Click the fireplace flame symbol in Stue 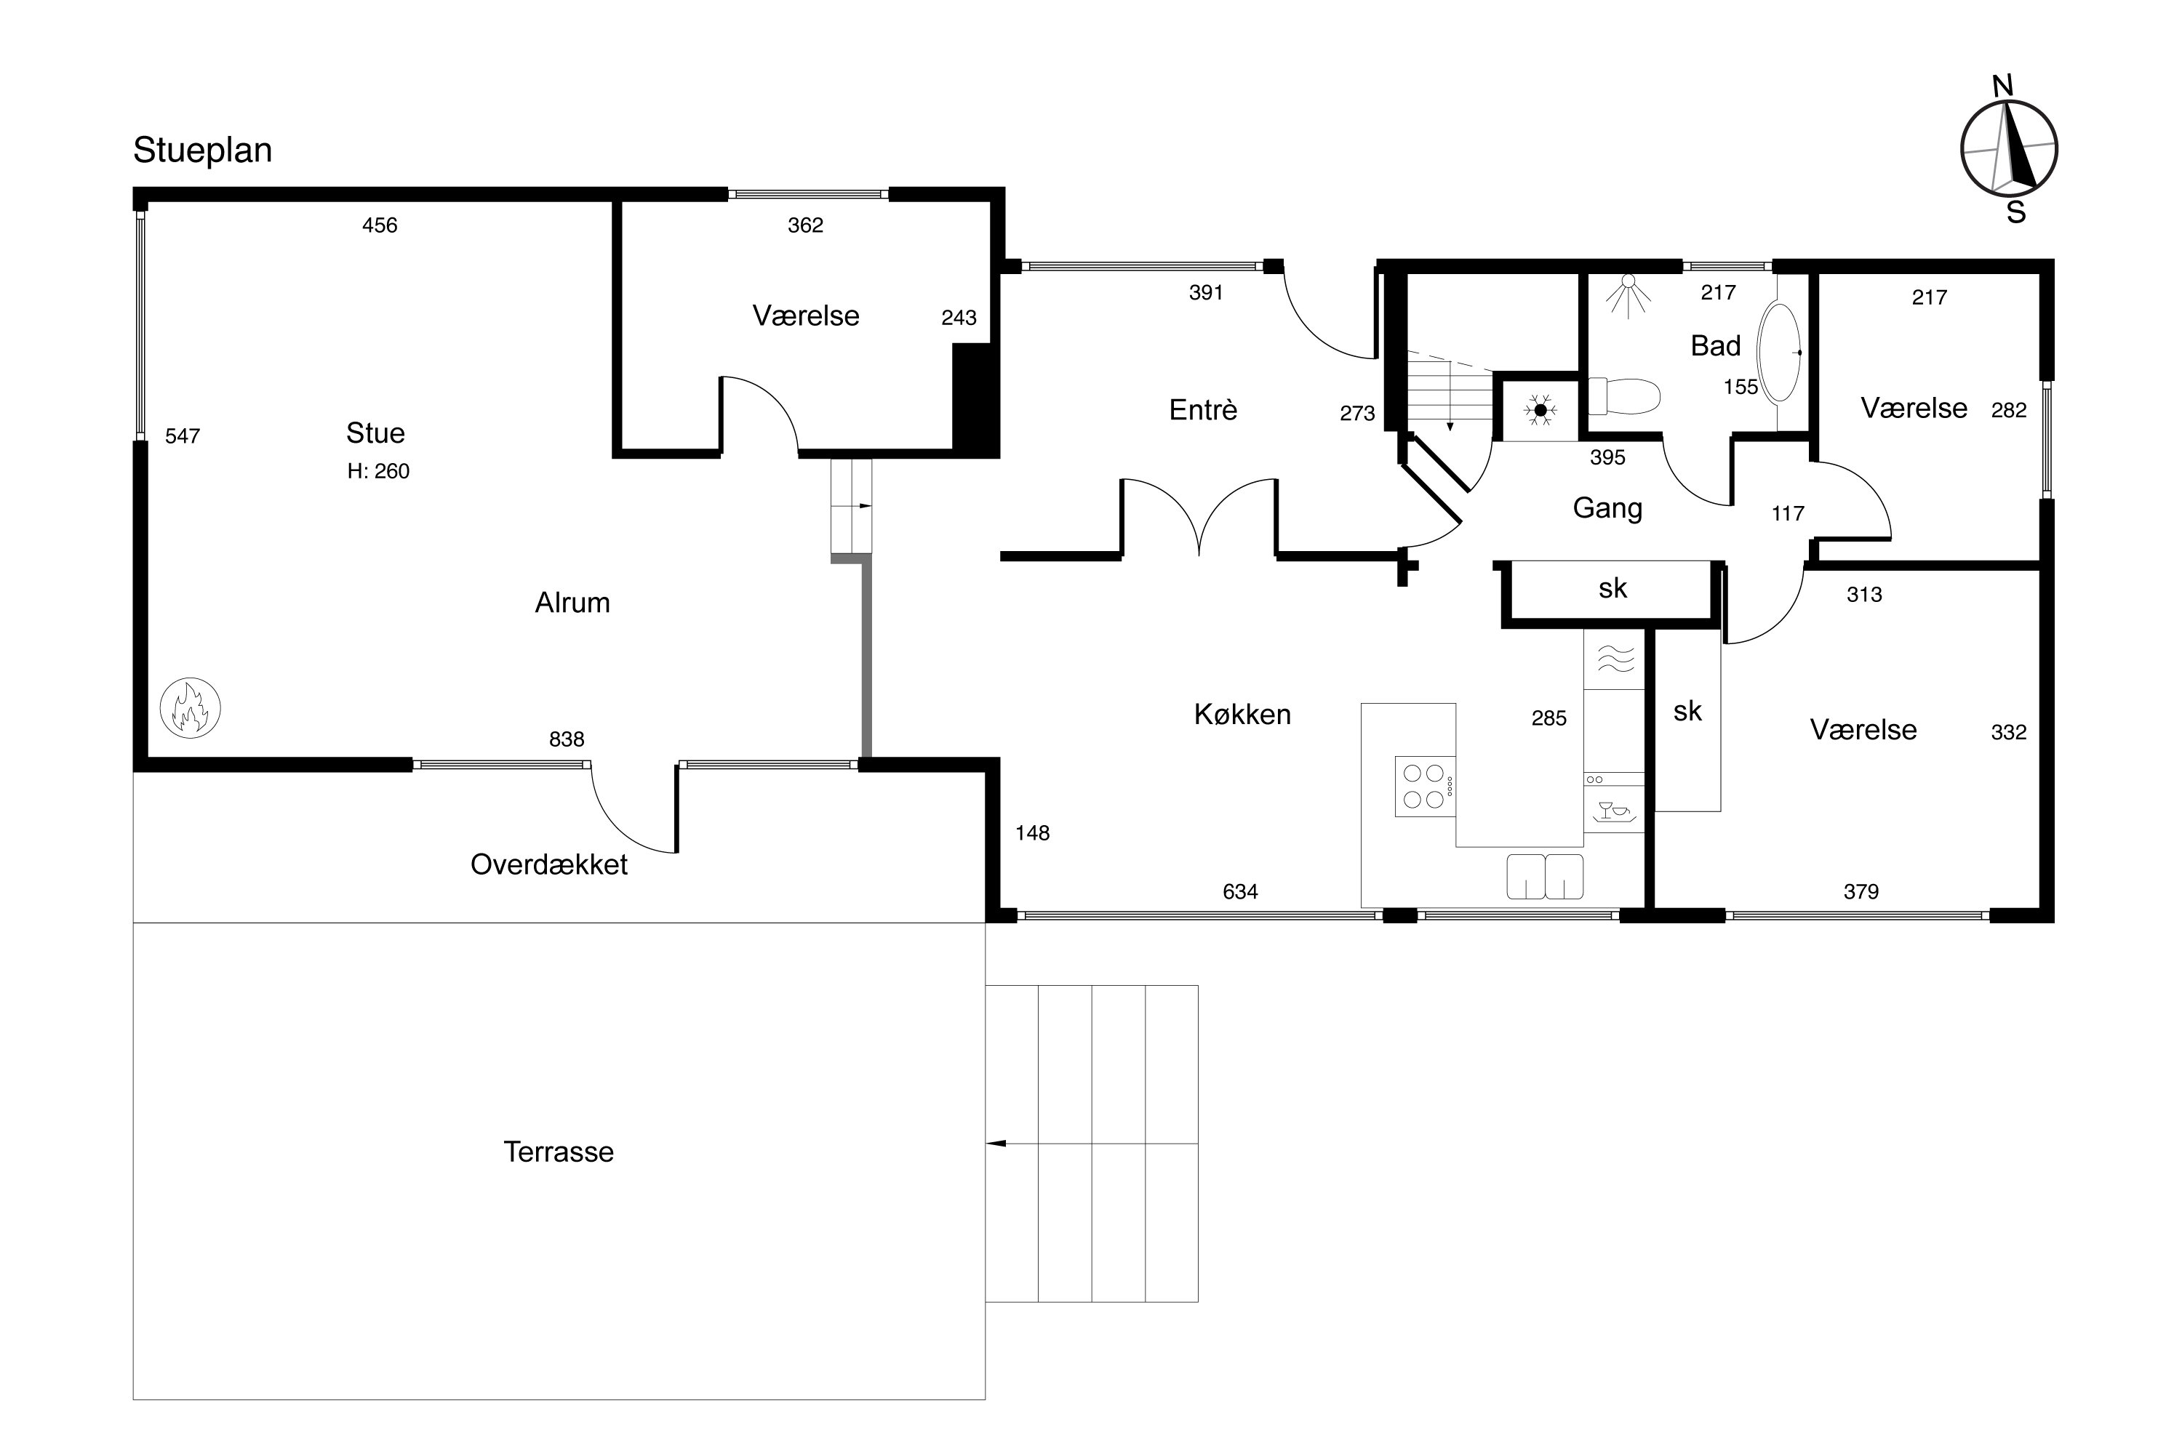(x=190, y=707)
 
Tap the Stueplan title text (x=202, y=150)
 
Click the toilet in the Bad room (x=1623, y=396)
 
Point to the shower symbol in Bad (x=1628, y=295)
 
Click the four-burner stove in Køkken (x=1424, y=787)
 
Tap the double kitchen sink (x=1545, y=876)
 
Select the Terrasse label (x=559, y=1152)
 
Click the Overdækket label (x=549, y=864)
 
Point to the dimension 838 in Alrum (x=567, y=739)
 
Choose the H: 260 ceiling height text (x=378, y=471)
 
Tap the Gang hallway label (x=1607, y=508)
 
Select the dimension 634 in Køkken (x=1240, y=891)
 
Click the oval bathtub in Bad (x=1779, y=353)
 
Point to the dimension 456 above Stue (x=380, y=225)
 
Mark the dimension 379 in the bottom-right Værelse (x=1861, y=891)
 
